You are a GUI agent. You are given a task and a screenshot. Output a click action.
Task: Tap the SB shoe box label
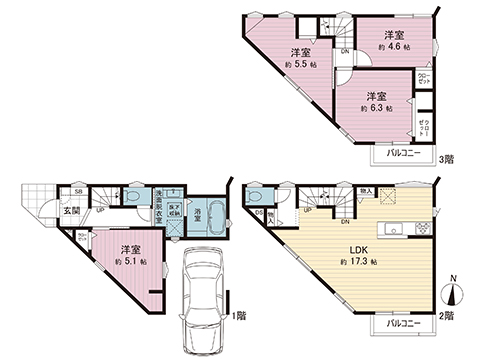point(77,188)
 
